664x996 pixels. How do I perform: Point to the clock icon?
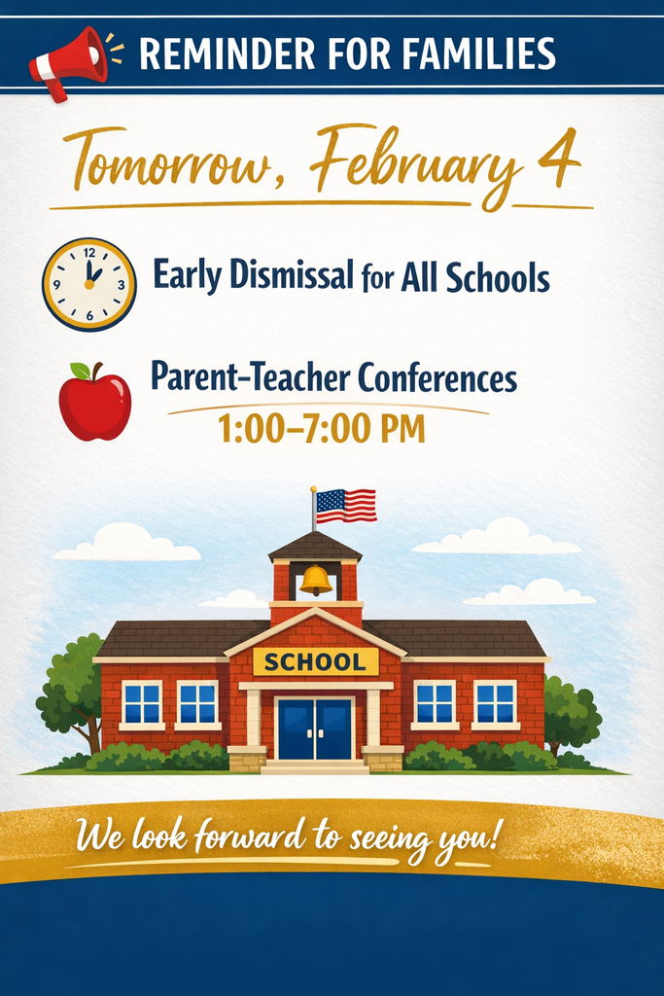[89, 284]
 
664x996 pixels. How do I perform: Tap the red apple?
[94, 403]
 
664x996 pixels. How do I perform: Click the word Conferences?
[437, 377]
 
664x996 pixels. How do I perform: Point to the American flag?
[346, 505]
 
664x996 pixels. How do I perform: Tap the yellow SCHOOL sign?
[315, 661]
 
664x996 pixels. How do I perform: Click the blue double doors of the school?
[315, 728]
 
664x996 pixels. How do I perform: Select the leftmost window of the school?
[142, 702]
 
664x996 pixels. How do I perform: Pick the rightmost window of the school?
[495, 702]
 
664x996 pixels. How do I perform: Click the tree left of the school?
[71, 686]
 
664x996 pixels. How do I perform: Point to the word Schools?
[498, 279]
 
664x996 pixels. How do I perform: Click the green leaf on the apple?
[81, 371]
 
